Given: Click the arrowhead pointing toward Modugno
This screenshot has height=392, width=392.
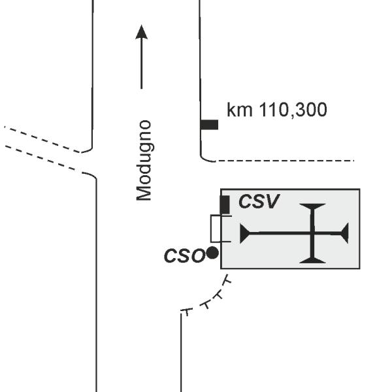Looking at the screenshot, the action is [142, 33].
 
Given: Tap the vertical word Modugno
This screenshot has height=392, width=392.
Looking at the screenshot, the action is [144, 161].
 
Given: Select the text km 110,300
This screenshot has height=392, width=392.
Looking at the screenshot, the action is [277, 110].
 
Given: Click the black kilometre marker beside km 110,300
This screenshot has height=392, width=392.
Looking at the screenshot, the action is [209, 125].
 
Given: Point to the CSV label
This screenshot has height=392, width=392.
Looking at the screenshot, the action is [259, 201].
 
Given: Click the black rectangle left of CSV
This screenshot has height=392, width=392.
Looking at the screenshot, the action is [225, 204].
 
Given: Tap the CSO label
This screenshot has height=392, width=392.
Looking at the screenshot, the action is [184, 255].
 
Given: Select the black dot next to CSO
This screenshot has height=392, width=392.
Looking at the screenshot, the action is [212, 252].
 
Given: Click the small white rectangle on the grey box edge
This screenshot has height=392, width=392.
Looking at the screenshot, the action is [216, 229].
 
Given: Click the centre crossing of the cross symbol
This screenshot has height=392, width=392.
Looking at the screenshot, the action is [312, 233].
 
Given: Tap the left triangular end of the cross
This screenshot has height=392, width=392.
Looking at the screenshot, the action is [244, 233].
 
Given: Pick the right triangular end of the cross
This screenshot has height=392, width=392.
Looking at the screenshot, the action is [345, 233].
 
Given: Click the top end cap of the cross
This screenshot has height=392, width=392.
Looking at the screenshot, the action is [312, 206].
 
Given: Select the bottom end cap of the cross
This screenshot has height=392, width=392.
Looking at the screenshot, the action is [312, 261].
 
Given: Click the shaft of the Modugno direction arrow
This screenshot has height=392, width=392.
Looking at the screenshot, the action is [142, 64].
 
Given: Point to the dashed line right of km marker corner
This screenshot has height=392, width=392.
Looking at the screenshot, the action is [284, 161].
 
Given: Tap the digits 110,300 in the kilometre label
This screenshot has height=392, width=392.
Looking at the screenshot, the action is [293, 110].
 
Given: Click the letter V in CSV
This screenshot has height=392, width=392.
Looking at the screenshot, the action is [271, 201].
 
